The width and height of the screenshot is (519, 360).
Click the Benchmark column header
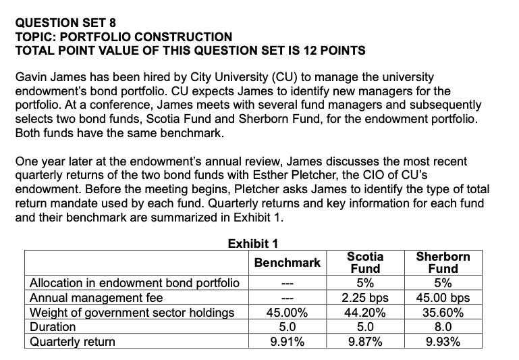click(x=287, y=262)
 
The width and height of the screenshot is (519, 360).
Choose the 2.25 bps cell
click(x=365, y=297)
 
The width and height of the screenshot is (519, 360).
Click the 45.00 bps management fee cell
click(x=443, y=297)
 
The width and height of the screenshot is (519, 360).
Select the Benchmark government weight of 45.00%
click(x=287, y=312)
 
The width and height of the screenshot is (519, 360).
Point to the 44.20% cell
click(x=365, y=312)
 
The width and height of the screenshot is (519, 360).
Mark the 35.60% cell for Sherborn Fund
click(x=443, y=312)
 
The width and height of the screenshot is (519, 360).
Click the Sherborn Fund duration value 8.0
click(x=443, y=327)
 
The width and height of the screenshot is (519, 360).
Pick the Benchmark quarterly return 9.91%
click(x=287, y=342)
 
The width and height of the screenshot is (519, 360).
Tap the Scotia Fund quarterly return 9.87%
click(x=365, y=342)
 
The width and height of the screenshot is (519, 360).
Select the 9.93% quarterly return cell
click(x=443, y=342)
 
